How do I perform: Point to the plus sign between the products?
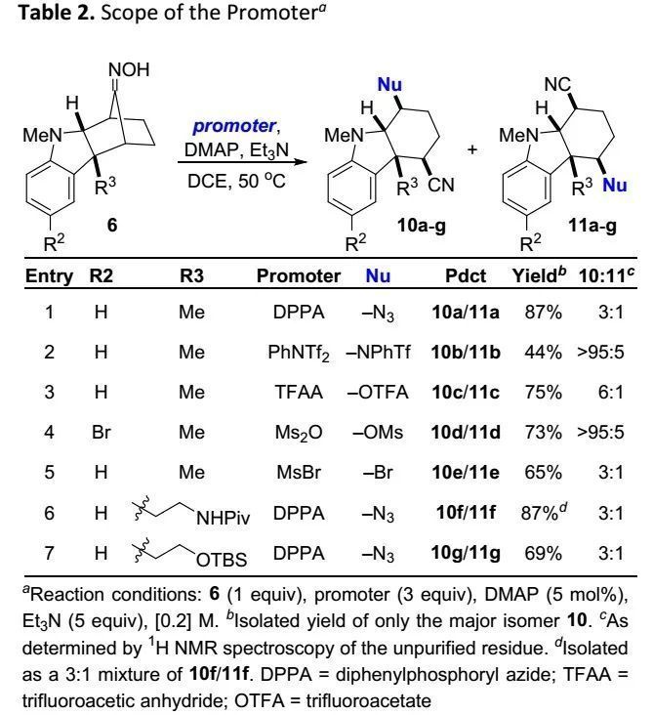click(x=475, y=149)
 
